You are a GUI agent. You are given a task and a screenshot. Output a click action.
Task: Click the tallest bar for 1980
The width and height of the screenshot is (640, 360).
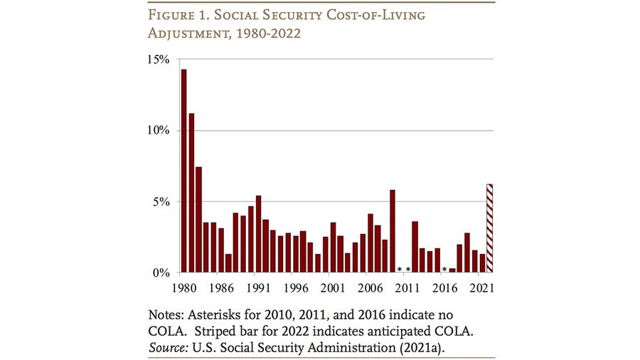tap(184, 171)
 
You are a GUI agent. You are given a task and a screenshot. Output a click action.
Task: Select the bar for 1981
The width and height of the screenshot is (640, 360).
tap(191, 192)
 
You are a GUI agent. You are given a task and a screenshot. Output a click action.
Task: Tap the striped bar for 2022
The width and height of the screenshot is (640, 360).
tap(489, 228)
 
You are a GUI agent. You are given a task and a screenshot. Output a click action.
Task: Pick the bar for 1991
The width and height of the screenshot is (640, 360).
tap(258, 234)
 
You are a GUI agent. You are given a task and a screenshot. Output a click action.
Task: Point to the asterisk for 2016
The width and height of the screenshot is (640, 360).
tap(444, 270)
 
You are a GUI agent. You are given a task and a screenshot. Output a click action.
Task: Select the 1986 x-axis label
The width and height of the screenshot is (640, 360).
tap(221, 288)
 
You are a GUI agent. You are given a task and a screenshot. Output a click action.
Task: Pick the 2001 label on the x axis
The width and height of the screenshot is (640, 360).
tap(333, 288)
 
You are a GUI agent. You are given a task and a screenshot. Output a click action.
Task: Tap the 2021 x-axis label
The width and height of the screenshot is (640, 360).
tap(481, 288)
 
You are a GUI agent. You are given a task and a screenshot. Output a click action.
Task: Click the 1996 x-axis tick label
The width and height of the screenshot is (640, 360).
tap(296, 288)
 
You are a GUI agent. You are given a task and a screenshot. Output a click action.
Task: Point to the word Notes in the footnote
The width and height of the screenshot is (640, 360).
tap(167, 314)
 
